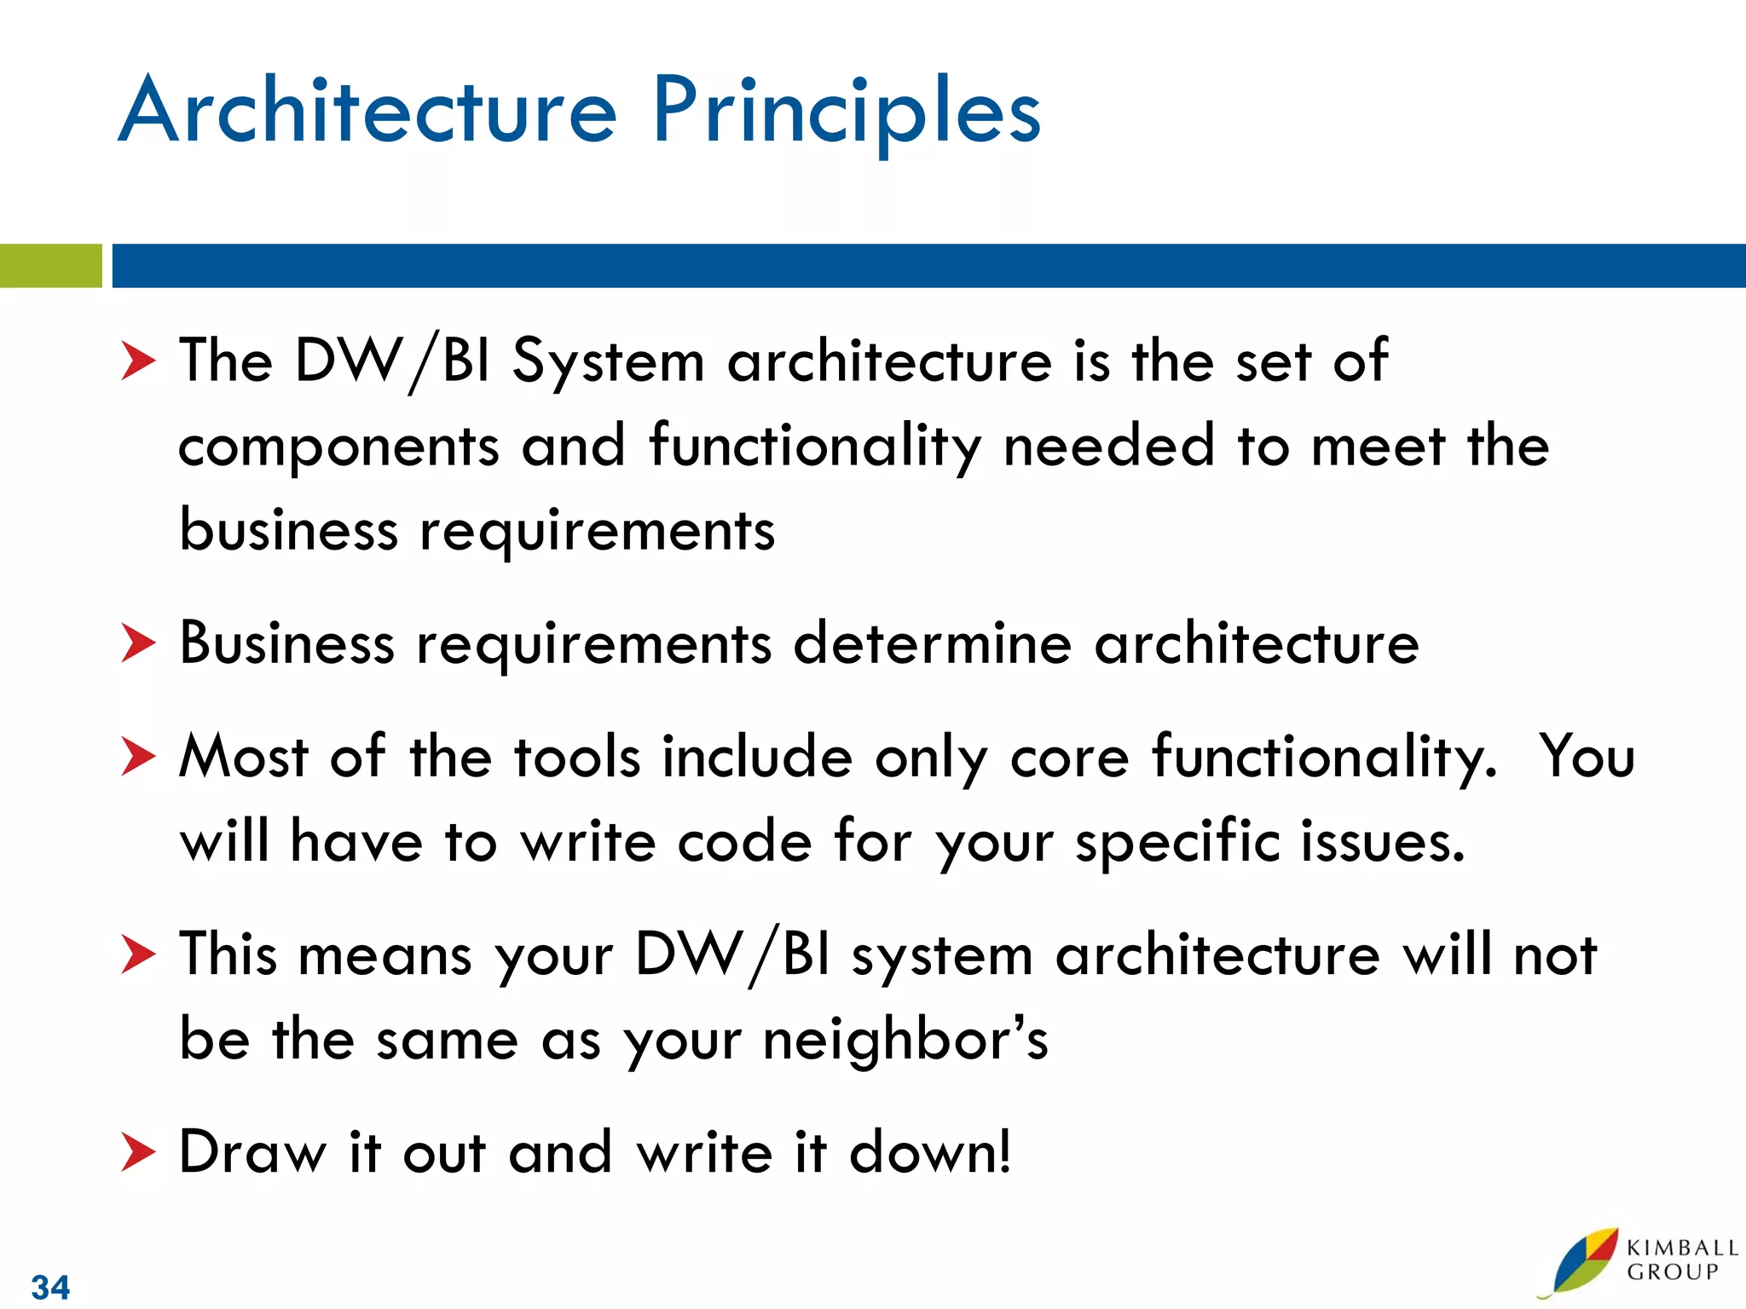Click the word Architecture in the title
point(367,111)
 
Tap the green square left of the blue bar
point(50,266)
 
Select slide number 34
point(50,1286)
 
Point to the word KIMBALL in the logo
point(1681,1248)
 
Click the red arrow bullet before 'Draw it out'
point(138,1152)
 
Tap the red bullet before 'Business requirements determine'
point(138,643)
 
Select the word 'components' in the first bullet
point(338,447)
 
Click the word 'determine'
point(932,643)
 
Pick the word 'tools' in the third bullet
point(576,757)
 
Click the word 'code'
point(744,842)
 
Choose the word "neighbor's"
point(905,1041)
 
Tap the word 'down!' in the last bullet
point(930,1152)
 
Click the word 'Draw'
point(252,1152)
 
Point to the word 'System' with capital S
point(608,361)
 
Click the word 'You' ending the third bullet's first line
point(1587,757)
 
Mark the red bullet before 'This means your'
point(138,954)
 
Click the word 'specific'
point(1177,842)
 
